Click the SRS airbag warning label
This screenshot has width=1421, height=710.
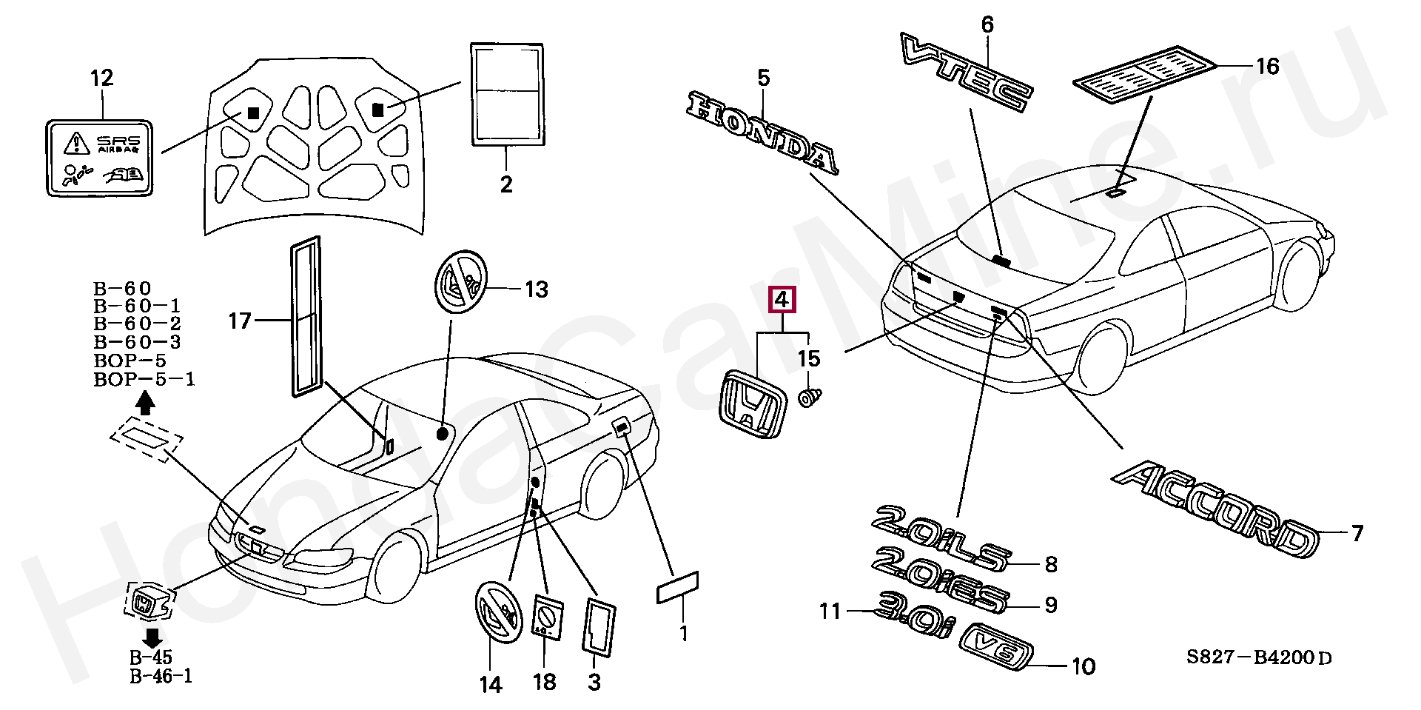101,158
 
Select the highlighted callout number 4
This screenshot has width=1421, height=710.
782,300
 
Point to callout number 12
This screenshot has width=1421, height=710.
102,78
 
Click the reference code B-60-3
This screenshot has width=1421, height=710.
137,342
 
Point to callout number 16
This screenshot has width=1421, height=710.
1267,67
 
